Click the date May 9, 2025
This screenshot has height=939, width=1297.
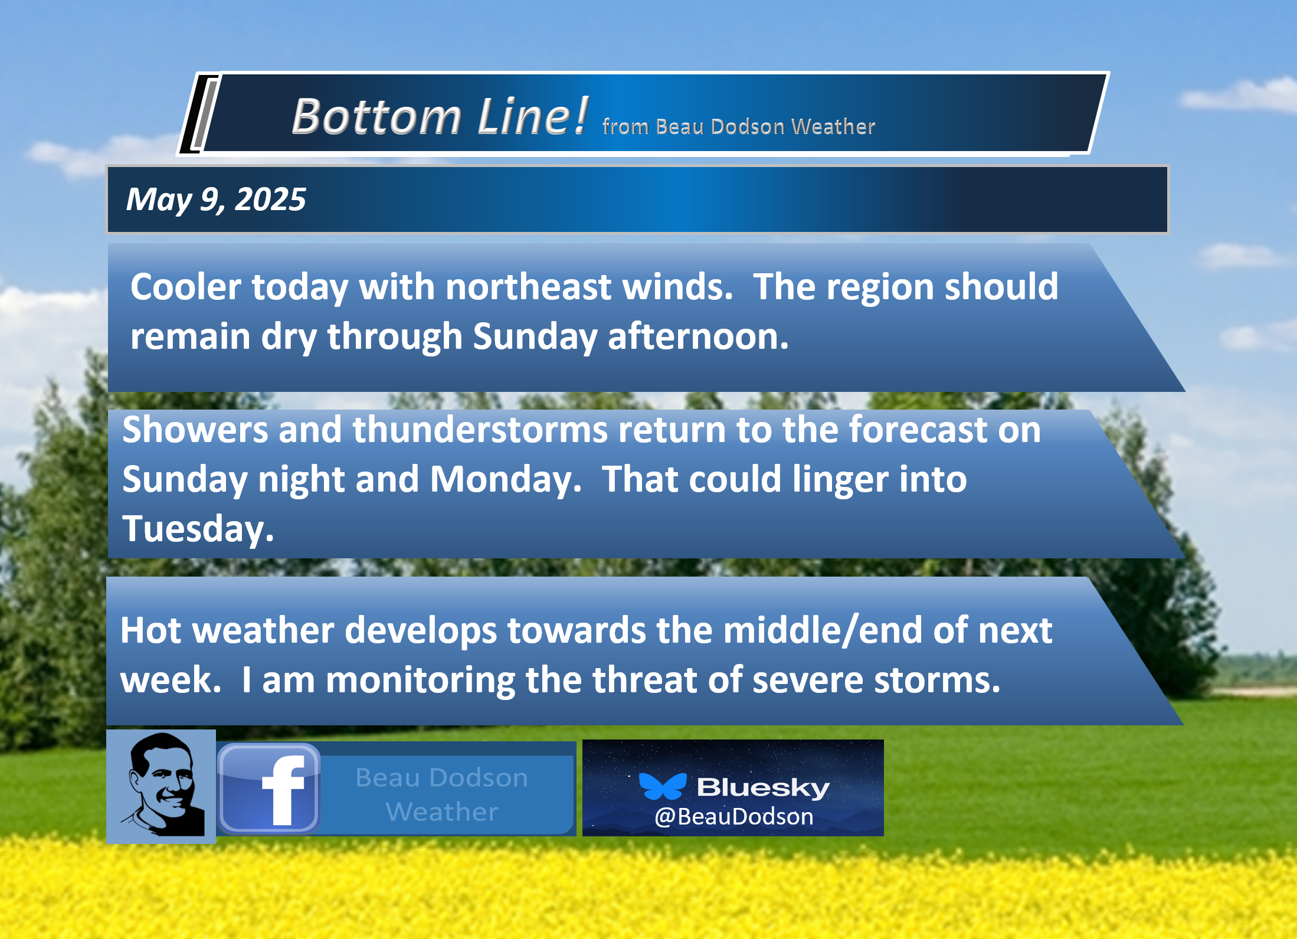(216, 199)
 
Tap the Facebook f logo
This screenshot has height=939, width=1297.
(269, 789)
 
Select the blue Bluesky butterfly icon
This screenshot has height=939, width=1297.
(663, 786)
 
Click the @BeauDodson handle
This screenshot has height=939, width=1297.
(734, 816)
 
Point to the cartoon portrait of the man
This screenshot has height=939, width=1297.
(161, 786)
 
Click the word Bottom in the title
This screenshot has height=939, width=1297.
(376, 116)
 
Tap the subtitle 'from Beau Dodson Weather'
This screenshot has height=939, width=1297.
(739, 126)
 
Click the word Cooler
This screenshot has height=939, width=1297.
(186, 287)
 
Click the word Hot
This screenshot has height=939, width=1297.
(150, 630)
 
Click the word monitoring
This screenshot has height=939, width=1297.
(421, 680)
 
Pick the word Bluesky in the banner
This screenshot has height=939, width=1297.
(764, 787)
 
